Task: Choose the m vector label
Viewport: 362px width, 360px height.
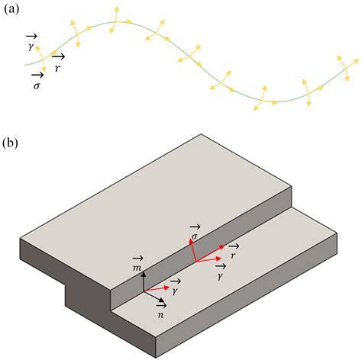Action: coord(138,264)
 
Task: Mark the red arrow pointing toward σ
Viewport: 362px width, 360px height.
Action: coord(190,251)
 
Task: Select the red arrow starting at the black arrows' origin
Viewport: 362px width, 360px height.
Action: coord(157,288)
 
